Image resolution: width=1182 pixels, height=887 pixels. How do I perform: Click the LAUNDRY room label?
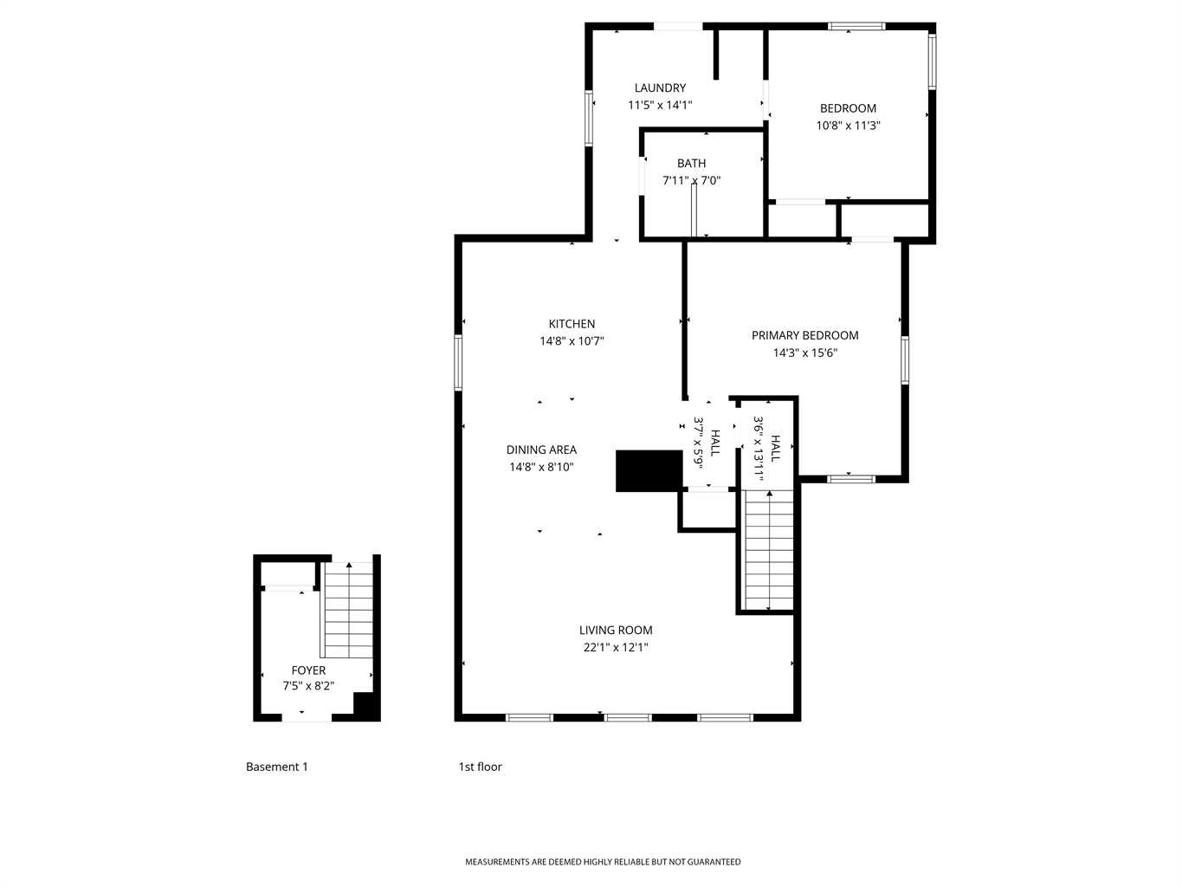tap(660, 87)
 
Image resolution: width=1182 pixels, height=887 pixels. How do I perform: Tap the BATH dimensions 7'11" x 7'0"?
tap(691, 180)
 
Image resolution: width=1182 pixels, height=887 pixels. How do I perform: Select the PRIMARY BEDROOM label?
tap(804, 335)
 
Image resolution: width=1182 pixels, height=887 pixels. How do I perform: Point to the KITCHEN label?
tap(572, 324)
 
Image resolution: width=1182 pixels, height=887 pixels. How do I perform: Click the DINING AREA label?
tap(541, 450)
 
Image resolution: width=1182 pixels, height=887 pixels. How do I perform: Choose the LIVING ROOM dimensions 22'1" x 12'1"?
tap(616, 647)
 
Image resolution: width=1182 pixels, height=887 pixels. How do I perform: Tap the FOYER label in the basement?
tap(308, 670)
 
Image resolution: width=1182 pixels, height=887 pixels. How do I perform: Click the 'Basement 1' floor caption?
tap(277, 767)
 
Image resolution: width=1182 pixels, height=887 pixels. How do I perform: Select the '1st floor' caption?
tap(480, 767)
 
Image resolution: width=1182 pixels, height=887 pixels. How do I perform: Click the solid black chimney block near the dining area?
tap(649, 470)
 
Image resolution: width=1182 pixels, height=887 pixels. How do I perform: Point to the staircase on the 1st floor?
tap(768, 549)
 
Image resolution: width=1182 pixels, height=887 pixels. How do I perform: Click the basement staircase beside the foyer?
tap(348, 610)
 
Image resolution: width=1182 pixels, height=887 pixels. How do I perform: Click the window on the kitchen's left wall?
tap(458, 362)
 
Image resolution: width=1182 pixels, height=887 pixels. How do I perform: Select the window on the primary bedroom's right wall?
tap(905, 360)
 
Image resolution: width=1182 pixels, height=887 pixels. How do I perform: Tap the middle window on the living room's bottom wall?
tap(627, 717)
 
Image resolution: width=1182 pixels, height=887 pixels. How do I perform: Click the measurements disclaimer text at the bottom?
tap(603, 862)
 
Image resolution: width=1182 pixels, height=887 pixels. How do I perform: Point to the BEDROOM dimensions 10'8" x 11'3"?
tap(848, 126)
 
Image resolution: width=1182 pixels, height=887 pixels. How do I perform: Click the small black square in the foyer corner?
tap(366, 705)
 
